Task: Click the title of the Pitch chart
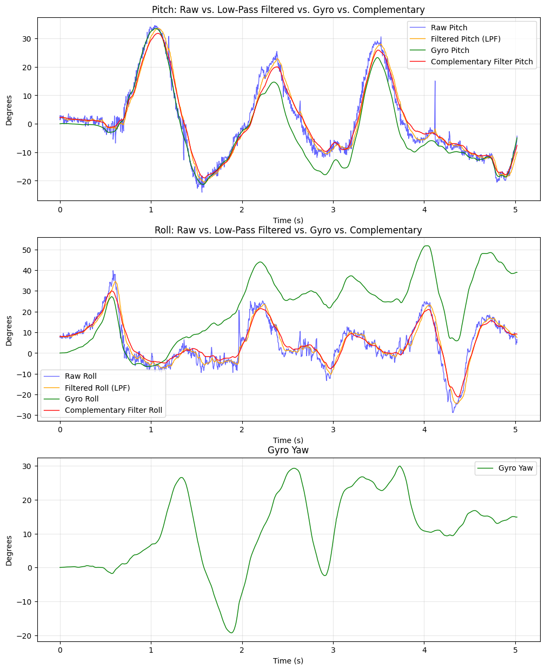[288, 10]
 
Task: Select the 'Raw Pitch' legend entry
[449, 28]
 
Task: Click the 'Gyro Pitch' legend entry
[450, 50]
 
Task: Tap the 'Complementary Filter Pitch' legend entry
[481, 62]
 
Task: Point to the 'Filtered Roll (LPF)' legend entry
[97, 388]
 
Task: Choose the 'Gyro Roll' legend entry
[82, 399]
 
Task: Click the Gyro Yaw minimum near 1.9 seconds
[231, 633]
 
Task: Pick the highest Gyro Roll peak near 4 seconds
[427, 246]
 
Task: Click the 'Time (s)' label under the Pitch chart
[288, 220]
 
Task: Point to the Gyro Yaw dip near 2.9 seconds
[324, 575]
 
